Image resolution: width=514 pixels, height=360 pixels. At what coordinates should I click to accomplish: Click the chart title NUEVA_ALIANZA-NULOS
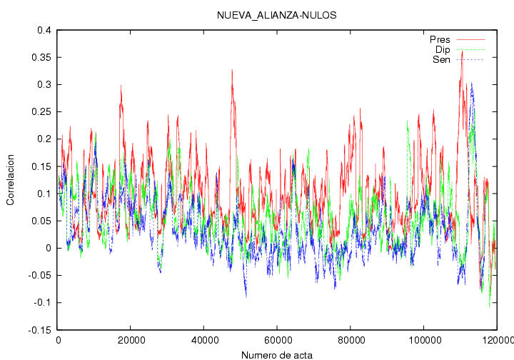[276, 15]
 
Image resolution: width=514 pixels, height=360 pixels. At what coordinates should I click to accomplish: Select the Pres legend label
[440, 40]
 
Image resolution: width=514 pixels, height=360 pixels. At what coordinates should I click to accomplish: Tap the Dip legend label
[443, 49]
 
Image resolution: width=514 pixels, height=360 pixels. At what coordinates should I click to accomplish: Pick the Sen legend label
[441, 60]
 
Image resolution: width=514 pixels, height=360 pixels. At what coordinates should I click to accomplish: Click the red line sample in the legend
[470, 40]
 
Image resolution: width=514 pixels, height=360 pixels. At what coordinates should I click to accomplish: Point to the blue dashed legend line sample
[470, 60]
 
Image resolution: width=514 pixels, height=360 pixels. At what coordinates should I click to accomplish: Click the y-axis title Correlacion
[11, 180]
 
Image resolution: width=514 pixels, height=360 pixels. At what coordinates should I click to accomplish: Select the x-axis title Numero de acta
[277, 355]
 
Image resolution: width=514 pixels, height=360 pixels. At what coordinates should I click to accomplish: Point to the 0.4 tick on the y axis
[44, 30]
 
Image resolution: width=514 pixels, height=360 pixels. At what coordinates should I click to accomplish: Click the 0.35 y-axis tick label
[41, 57]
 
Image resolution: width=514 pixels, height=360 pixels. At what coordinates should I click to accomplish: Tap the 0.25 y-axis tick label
[41, 112]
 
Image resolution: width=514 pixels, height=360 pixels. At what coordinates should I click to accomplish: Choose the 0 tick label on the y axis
[49, 248]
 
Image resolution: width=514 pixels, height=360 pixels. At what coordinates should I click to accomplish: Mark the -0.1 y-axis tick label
[43, 303]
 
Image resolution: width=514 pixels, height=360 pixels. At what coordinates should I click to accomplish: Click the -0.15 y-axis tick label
[40, 330]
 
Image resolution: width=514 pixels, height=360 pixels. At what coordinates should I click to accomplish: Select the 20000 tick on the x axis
[130, 340]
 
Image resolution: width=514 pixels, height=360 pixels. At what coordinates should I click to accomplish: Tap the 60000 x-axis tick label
[277, 340]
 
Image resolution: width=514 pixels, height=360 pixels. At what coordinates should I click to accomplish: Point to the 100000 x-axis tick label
[423, 340]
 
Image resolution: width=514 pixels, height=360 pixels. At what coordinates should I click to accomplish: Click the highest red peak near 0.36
[462, 51]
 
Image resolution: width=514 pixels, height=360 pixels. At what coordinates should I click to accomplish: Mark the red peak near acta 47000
[232, 70]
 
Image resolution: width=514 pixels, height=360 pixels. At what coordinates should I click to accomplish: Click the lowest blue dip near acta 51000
[246, 297]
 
